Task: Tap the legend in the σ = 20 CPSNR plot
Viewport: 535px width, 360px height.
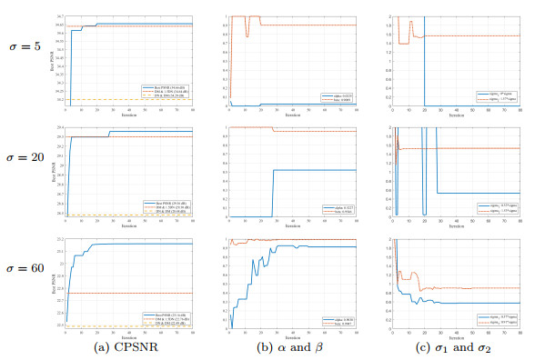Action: click(x=166, y=207)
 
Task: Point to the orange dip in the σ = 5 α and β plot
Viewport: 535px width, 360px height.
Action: click(x=247, y=34)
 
